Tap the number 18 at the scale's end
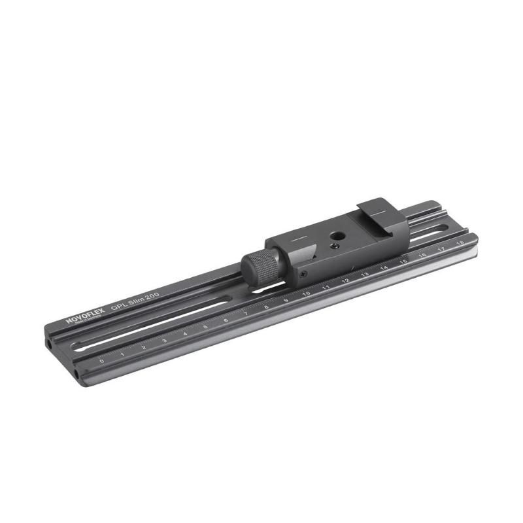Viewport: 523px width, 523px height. click(461, 243)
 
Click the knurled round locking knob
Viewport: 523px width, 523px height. click(258, 263)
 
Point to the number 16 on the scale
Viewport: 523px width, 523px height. click(423, 256)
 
